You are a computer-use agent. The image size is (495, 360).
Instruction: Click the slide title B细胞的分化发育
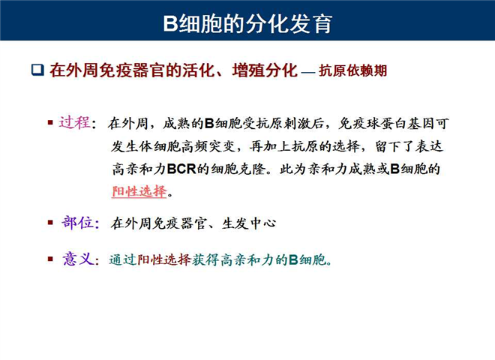coord(247,24)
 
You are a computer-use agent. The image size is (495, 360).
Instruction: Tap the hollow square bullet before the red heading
coord(37,70)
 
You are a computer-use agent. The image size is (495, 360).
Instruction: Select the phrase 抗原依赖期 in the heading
coord(353,70)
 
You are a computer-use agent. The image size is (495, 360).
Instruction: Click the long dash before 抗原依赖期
coord(308,73)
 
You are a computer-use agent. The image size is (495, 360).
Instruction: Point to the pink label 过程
coord(74,122)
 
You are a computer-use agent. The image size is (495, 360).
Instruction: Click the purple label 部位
coord(78,223)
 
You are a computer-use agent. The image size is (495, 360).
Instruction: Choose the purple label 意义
coord(78,259)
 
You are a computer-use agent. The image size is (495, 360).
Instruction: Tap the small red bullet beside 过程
coord(50,122)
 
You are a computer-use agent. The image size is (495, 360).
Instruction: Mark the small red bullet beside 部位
coord(50,223)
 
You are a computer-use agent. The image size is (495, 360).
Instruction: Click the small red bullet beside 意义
coord(50,259)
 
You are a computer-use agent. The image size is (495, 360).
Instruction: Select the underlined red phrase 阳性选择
coord(139,191)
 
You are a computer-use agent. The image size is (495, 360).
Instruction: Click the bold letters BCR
coord(181,169)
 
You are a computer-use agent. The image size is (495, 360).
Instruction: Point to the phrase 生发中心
coord(249,223)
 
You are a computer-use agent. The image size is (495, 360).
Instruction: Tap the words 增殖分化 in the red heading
coord(265,70)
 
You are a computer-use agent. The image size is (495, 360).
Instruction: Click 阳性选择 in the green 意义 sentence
coord(164,259)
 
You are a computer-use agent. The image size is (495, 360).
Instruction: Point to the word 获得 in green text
coord(205,259)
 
